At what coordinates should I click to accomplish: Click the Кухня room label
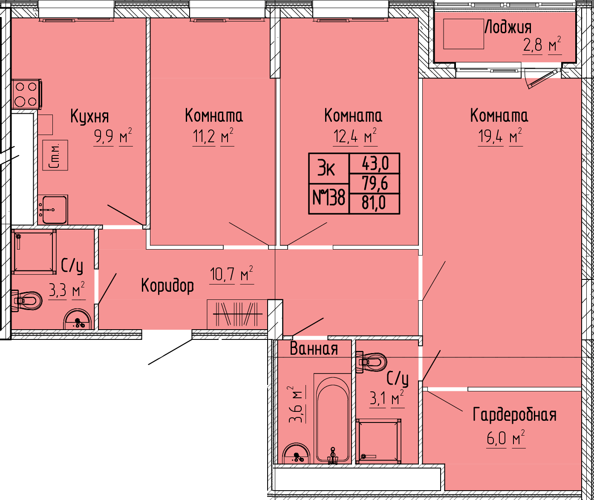pyautogui.click(x=89, y=117)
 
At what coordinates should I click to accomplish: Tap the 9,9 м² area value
pyautogui.click(x=113, y=137)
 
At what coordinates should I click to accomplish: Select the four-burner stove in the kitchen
pyautogui.click(x=26, y=94)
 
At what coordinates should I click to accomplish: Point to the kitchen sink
pyautogui.click(x=53, y=210)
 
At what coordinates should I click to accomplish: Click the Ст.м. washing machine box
pyautogui.click(x=55, y=155)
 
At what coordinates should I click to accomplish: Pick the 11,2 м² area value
pyautogui.click(x=213, y=137)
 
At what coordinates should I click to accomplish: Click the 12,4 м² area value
pyautogui.click(x=355, y=137)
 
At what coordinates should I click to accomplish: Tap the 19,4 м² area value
pyautogui.click(x=500, y=137)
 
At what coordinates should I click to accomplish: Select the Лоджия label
pyautogui.click(x=508, y=28)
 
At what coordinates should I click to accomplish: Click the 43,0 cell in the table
pyautogui.click(x=375, y=163)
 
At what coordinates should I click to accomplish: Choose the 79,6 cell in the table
pyautogui.click(x=375, y=184)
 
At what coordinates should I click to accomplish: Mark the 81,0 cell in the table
pyautogui.click(x=375, y=204)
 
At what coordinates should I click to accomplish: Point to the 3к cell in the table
pyautogui.click(x=329, y=168)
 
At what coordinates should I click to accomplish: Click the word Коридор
pyautogui.click(x=167, y=285)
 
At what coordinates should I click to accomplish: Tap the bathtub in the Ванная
pyautogui.click(x=332, y=419)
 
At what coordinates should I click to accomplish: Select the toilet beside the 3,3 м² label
pyautogui.click(x=27, y=301)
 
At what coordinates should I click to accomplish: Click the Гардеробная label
pyautogui.click(x=515, y=415)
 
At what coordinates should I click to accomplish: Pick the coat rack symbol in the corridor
pyautogui.click(x=237, y=314)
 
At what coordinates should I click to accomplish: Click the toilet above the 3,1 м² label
pyautogui.click(x=371, y=362)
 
